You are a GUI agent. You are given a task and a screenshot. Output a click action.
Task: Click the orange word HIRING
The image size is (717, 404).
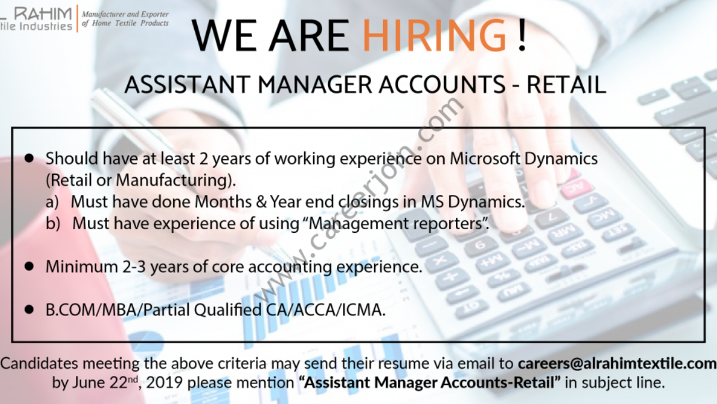pyautogui.click(x=434, y=35)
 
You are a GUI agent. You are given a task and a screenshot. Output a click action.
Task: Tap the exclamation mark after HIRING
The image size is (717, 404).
pyautogui.click(x=522, y=35)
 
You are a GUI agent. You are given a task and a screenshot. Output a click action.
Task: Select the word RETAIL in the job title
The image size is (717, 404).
pyautogui.click(x=566, y=84)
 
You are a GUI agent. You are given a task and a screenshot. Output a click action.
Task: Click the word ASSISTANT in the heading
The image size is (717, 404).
pyautogui.click(x=187, y=84)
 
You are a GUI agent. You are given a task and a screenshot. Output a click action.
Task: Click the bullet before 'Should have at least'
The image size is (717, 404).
pyautogui.click(x=29, y=158)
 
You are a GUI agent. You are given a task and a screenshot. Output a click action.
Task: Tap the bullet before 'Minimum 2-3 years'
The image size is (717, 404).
pyautogui.click(x=29, y=266)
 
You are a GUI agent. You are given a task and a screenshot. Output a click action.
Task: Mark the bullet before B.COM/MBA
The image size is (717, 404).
pyautogui.click(x=29, y=309)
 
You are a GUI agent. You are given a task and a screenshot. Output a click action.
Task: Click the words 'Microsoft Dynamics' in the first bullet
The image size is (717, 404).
pyautogui.click(x=523, y=159)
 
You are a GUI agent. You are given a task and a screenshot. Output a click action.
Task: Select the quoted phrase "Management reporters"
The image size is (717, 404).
pyautogui.click(x=399, y=223)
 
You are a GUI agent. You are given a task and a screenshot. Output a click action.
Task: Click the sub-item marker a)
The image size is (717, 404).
pyautogui.click(x=52, y=202)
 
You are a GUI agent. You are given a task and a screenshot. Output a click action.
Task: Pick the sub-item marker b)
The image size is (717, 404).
pyautogui.click(x=53, y=223)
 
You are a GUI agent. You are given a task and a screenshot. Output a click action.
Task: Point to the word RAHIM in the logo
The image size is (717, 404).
pyautogui.click(x=43, y=14)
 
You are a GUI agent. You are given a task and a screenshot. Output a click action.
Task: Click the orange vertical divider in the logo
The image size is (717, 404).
pyautogui.click(x=77, y=19)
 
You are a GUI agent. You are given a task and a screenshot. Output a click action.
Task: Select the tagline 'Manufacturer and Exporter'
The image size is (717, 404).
pyautogui.click(x=125, y=14)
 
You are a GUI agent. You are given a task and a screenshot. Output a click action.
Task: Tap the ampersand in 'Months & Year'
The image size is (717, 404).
pyautogui.click(x=261, y=202)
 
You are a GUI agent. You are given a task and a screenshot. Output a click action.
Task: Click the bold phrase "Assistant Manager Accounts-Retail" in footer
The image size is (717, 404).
pyautogui.click(x=430, y=382)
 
